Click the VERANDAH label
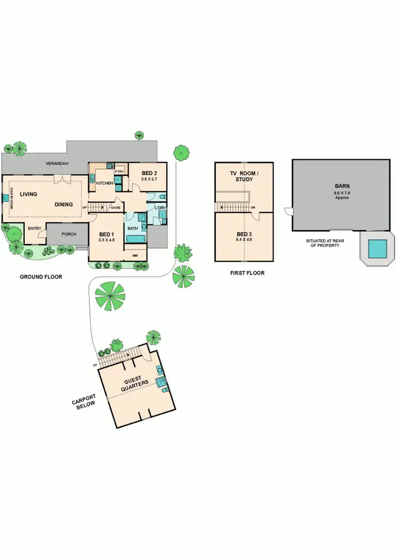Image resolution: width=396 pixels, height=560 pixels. pyautogui.click(x=58, y=164)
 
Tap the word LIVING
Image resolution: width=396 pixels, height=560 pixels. pyautogui.click(x=29, y=194)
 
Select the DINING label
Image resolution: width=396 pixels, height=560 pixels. pyautogui.click(x=64, y=204)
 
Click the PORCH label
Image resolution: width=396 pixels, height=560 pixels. pyautogui.click(x=69, y=234)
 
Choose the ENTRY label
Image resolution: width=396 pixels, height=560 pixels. pyautogui.click(x=34, y=229)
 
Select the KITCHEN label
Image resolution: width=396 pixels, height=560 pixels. pyautogui.click(x=104, y=183)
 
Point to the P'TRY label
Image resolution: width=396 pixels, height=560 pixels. pyautogui.click(x=119, y=172)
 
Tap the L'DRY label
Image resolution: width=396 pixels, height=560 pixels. pyautogui.click(x=161, y=207)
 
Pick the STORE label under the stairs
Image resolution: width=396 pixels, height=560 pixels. pyautogui.click(x=116, y=208)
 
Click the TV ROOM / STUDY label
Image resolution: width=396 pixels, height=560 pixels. pyautogui.click(x=244, y=176)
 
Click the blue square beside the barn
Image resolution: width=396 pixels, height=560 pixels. pyautogui.click(x=376, y=247)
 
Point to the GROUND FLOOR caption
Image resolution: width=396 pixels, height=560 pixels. pyautogui.click(x=41, y=277)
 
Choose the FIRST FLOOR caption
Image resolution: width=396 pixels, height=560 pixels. pyautogui.click(x=247, y=273)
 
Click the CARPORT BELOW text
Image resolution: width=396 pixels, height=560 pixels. pyautogui.click(x=83, y=403)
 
